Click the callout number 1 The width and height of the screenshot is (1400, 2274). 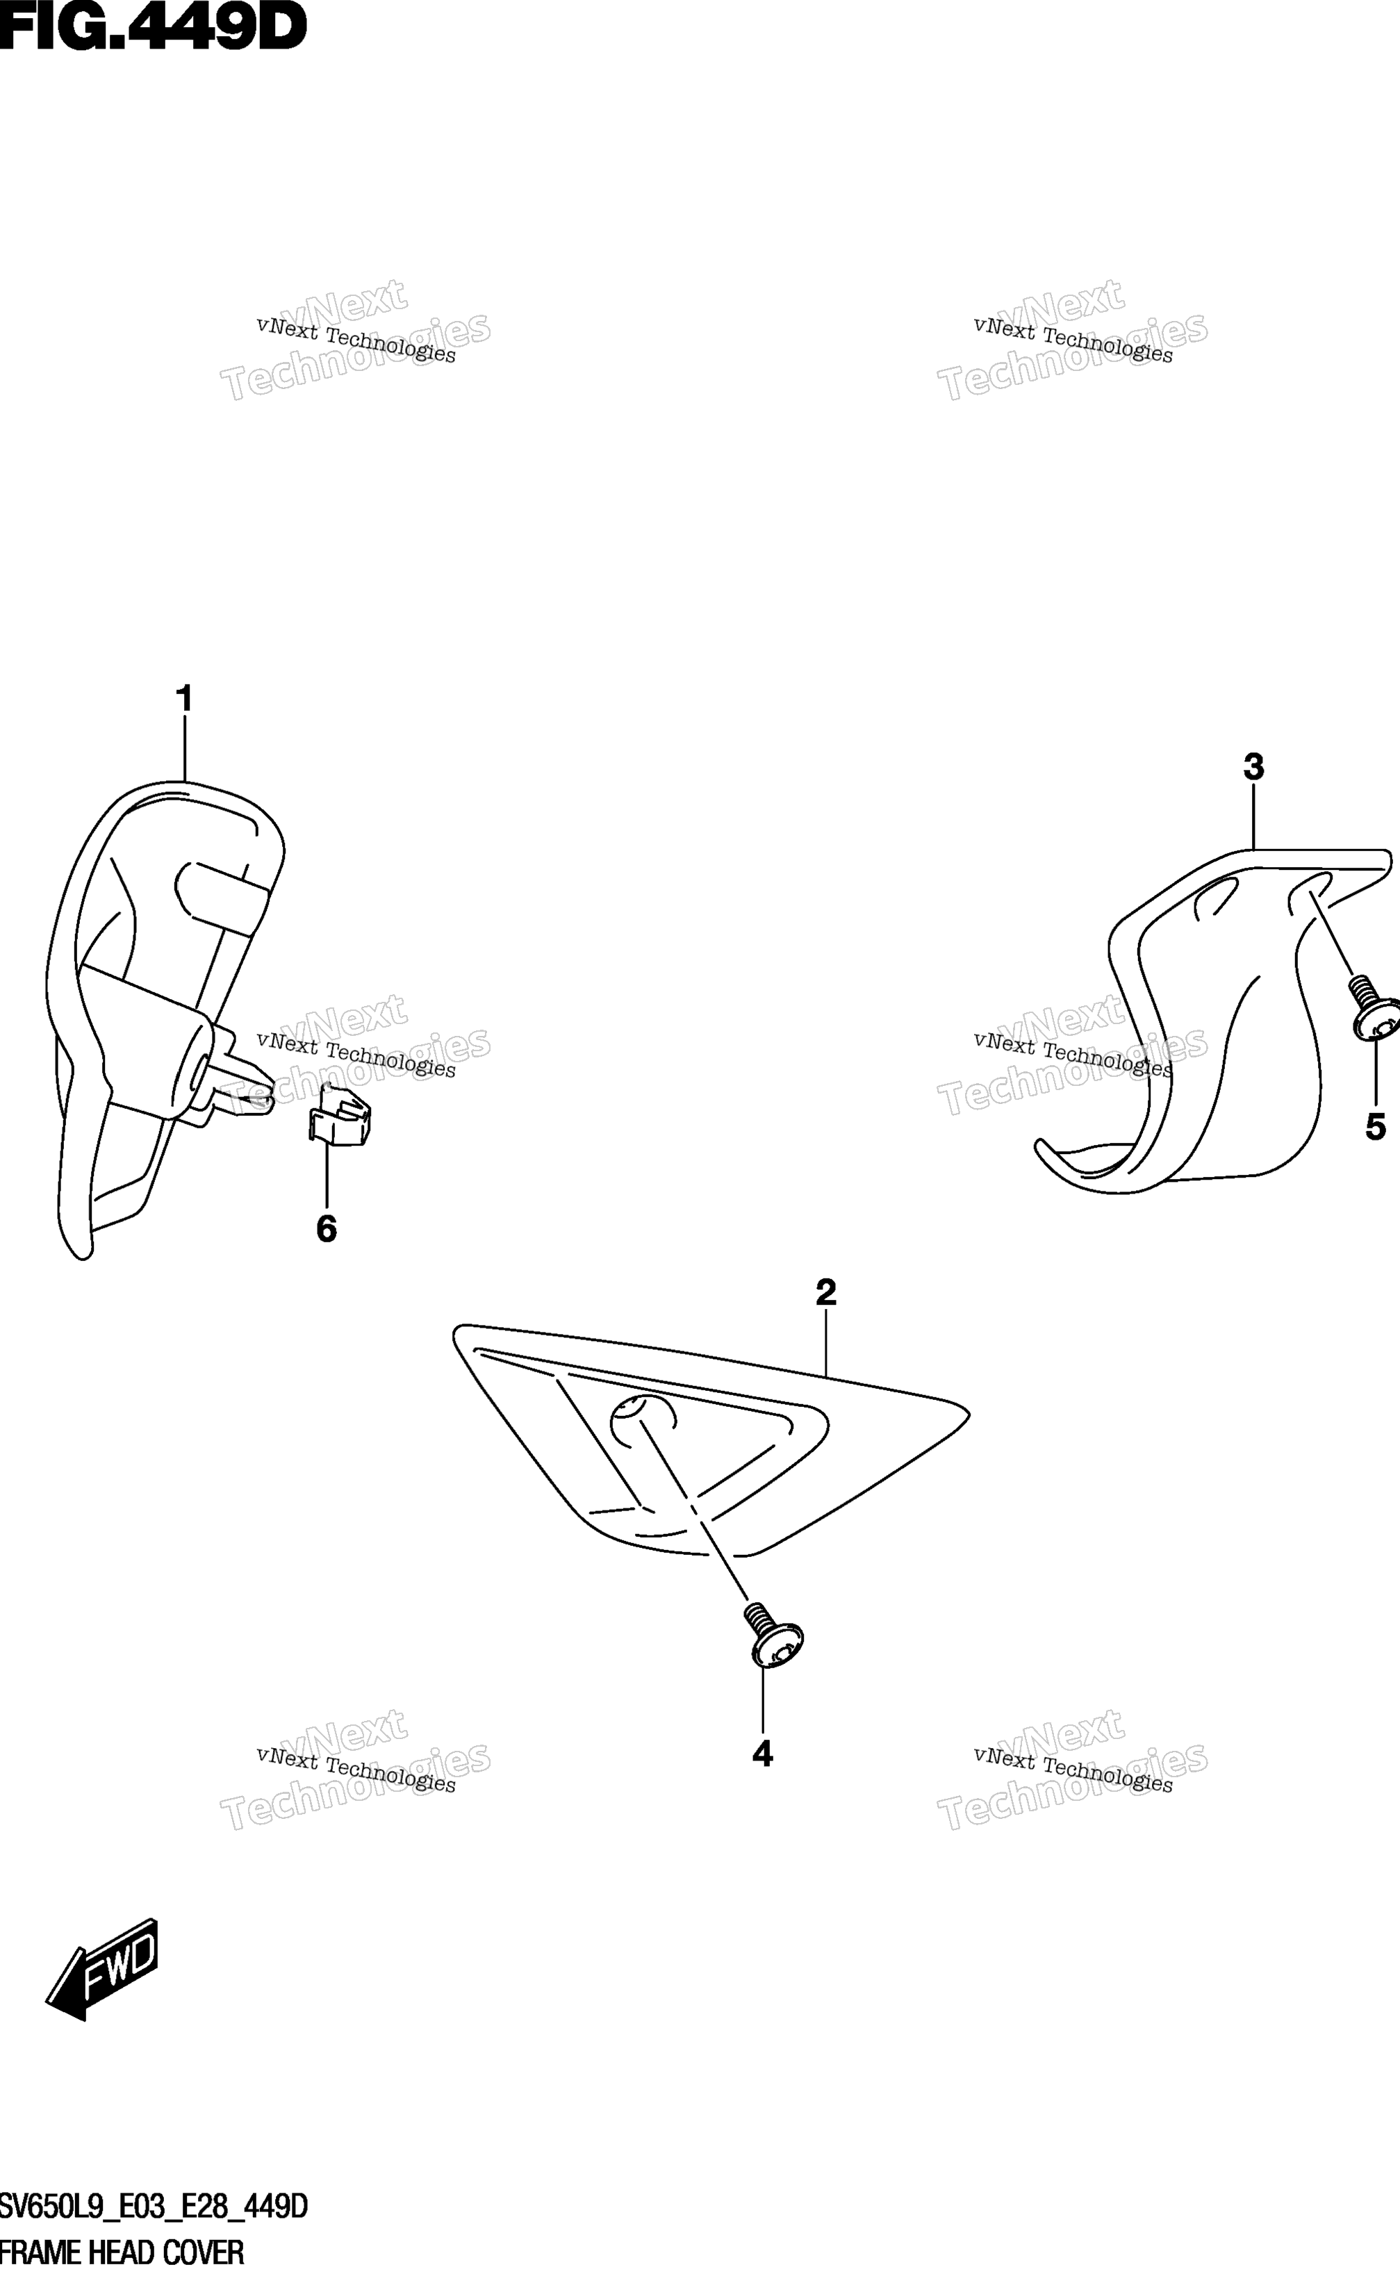pyautogui.click(x=184, y=699)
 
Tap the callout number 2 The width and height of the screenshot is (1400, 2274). pyautogui.click(x=826, y=1292)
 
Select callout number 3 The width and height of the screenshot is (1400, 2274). pyautogui.click(x=1253, y=766)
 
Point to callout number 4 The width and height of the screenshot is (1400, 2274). pyautogui.click(x=762, y=1754)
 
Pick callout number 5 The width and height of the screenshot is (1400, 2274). pyautogui.click(x=1376, y=1127)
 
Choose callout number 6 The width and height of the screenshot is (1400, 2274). pyautogui.click(x=326, y=1228)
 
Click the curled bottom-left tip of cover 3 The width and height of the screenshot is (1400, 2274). pyautogui.click(x=1041, y=1147)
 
